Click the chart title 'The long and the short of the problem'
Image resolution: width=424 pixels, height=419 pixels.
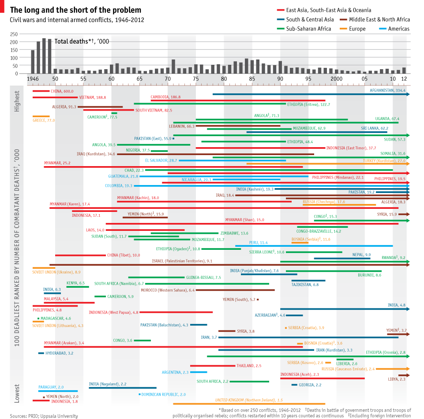click(76, 10)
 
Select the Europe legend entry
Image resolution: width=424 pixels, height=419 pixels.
click(357, 29)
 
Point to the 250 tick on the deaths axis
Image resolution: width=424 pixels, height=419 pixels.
click(25, 34)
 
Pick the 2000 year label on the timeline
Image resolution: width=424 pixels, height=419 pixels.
click(337, 79)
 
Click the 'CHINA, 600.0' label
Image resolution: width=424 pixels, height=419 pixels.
click(62, 91)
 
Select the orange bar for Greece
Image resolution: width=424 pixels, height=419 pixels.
click(41, 116)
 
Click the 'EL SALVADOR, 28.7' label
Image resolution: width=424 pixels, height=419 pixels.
click(161, 160)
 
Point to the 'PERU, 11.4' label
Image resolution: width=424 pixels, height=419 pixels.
click(259, 243)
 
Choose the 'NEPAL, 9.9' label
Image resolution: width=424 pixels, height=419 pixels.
click(361, 255)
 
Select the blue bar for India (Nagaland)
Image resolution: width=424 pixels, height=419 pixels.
click(122, 388)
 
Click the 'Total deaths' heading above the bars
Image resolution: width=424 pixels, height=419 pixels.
click(82, 41)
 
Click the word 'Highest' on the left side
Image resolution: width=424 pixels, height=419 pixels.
click(17, 101)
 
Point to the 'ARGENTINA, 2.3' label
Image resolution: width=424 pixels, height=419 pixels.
click(175, 372)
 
